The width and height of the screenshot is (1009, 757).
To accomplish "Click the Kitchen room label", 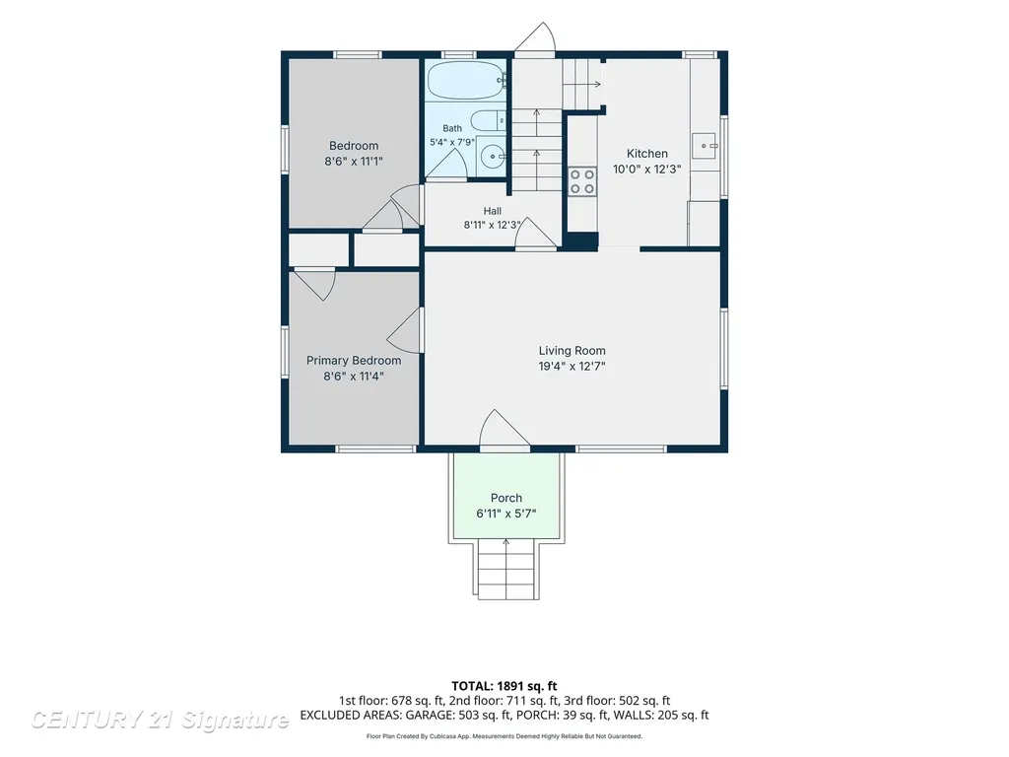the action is tap(646, 153).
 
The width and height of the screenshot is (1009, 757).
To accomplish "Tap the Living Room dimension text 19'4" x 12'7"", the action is tap(572, 367).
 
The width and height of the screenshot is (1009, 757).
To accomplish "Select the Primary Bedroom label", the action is tap(354, 361).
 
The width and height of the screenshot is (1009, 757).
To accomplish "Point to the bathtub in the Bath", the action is tap(467, 80).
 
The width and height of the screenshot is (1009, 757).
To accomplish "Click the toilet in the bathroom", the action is tap(489, 120).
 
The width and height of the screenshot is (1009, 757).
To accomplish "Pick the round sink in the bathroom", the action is tap(494, 156).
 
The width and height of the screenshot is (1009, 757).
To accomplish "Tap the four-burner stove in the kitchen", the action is tap(581, 181).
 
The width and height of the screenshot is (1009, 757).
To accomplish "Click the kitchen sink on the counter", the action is tap(705, 146).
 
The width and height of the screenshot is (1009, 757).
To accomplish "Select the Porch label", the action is tap(506, 498).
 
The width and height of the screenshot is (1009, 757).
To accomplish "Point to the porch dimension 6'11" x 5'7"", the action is tap(506, 514).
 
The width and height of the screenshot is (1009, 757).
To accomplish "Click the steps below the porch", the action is tap(507, 571).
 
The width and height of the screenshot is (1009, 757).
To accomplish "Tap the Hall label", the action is tap(493, 211).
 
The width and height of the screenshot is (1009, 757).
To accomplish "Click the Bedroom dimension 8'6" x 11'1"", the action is tap(354, 161).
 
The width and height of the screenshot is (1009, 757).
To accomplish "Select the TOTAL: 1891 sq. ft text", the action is tap(504, 686).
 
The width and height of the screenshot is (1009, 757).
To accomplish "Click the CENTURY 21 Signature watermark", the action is tap(161, 720).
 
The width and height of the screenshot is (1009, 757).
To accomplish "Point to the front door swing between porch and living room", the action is tap(504, 428).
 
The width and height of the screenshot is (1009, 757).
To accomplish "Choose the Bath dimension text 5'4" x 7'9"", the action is tap(452, 142).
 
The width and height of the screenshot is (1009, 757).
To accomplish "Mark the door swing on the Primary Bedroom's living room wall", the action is tap(405, 329).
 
